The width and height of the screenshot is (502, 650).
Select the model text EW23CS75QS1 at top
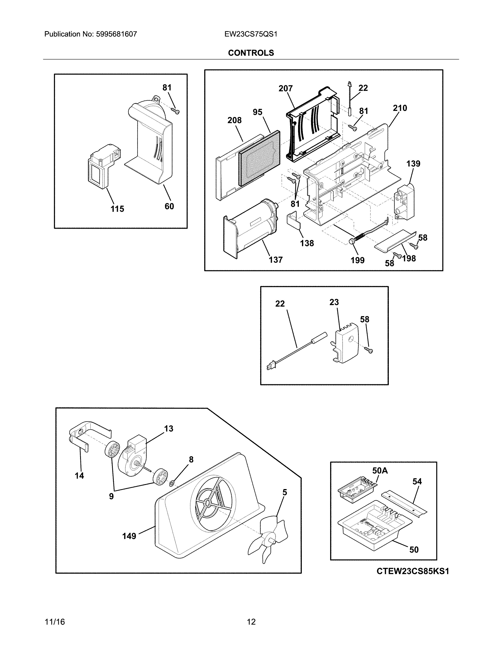[x=251, y=34]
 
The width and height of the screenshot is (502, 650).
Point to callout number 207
[x=285, y=88]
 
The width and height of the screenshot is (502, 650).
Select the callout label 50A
[x=380, y=471]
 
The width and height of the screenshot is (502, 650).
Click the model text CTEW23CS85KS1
[x=412, y=571]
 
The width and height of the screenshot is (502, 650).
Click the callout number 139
[x=413, y=164]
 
